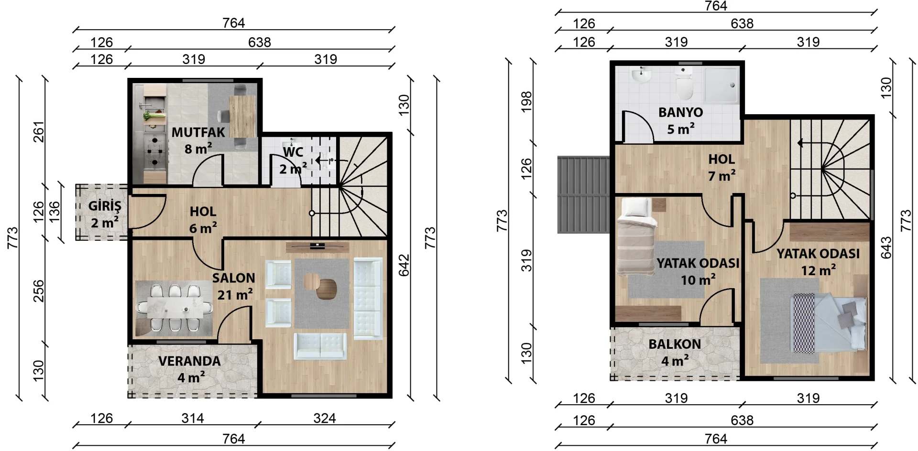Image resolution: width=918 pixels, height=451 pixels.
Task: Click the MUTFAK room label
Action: [x=198, y=132]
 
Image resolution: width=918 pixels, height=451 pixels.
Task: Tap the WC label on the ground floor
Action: [x=293, y=152]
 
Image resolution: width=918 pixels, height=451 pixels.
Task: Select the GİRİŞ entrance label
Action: [x=105, y=206]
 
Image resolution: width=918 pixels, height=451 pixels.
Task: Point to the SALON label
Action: [x=233, y=278]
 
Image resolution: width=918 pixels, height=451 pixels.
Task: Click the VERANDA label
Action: [x=189, y=361]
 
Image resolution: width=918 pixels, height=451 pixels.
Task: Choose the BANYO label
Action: [x=680, y=113]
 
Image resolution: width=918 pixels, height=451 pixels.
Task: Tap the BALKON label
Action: [x=674, y=344]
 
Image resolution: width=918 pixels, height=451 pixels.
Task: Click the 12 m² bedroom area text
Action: [x=819, y=270]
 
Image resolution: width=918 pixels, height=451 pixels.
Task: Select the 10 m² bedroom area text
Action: [x=698, y=279]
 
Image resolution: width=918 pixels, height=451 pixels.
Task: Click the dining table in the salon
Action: [x=174, y=308]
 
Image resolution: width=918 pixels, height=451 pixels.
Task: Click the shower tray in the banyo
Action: [x=721, y=85]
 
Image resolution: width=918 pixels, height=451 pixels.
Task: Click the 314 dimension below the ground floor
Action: [x=193, y=419]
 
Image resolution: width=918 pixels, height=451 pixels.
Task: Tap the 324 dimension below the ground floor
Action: [x=325, y=419]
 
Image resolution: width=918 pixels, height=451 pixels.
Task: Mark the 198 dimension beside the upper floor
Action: [x=526, y=102]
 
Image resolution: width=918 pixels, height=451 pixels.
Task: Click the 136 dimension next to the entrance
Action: [x=55, y=211]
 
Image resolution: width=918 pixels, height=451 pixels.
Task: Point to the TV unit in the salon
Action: [x=317, y=247]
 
